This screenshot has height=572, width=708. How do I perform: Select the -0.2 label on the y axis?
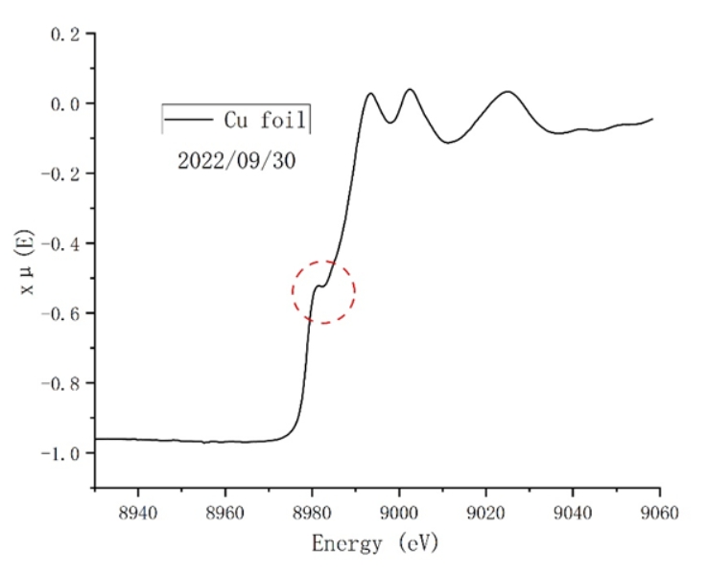coord(61,173)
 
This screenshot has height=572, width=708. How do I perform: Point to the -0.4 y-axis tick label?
coord(61,243)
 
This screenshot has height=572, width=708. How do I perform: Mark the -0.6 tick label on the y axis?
coord(61,313)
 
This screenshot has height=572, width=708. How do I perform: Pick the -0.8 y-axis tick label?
coord(61,383)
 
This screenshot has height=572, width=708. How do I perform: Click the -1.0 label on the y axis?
coord(61,452)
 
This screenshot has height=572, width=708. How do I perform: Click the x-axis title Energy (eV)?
coord(375,543)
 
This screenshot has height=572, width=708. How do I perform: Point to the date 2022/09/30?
coord(236,160)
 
